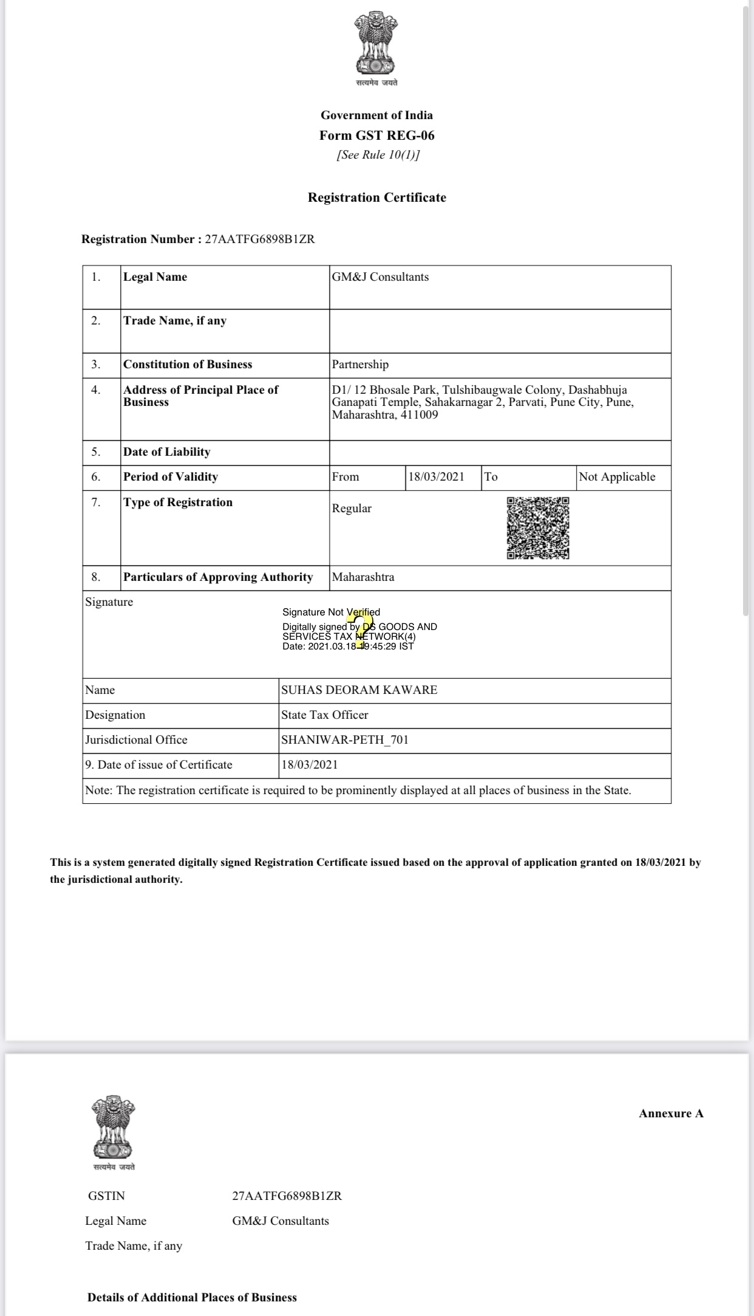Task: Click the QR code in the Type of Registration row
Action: [x=538, y=528]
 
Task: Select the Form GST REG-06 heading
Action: [x=377, y=135]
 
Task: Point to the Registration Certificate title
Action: [x=377, y=197]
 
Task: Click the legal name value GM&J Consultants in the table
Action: [x=380, y=277]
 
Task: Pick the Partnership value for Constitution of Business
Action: [x=360, y=365]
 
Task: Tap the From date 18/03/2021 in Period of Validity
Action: [x=436, y=477]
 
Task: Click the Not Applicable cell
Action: [x=617, y=477]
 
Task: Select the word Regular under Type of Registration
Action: [x=352, y=509]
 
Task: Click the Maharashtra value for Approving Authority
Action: [x=363, y=577]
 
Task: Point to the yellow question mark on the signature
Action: [x=361, y=629]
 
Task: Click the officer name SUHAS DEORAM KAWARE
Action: [x=359, y=690]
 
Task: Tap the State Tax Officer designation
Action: [x=324, y=715]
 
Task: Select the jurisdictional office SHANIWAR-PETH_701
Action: [x=345, y=740]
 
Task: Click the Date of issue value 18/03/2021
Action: [x=310, y=765]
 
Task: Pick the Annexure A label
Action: [x=671, y=1114]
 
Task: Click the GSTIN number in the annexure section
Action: [x=287, y=1196]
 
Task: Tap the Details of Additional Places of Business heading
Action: [x=192, y=1297]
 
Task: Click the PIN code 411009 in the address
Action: [x=419, y=415]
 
